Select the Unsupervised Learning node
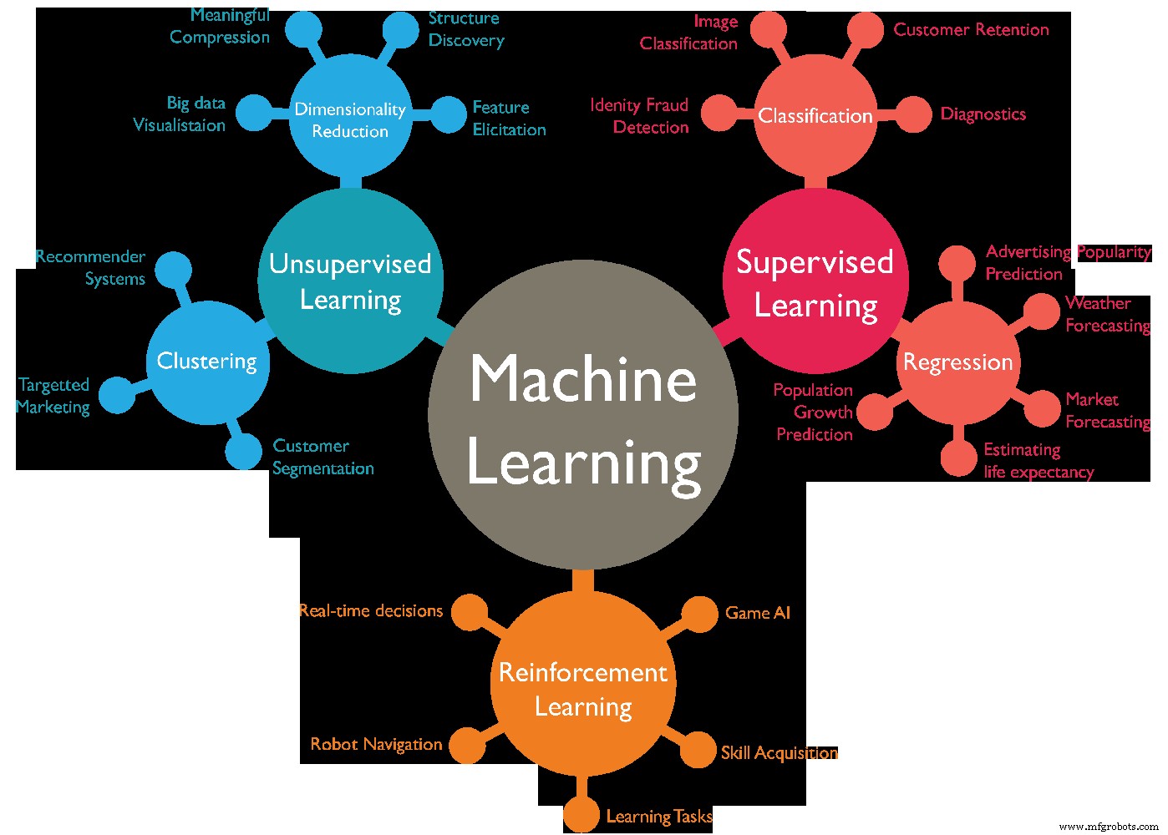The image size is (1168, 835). pos(350,281)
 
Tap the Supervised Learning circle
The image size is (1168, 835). pos(815,281)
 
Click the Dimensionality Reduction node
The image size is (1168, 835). pos(350,119)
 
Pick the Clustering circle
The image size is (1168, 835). pos(207,362)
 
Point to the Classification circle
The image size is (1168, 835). pos(815,115)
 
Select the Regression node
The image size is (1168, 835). pos(957,362)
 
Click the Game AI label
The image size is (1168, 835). pos(757,613)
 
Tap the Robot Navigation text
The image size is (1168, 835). pos(376,744)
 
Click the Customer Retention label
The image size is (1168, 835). pos(971,30)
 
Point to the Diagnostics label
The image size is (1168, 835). pos(983,114)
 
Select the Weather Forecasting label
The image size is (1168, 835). pos(1107,315)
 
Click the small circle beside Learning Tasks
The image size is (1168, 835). pos(581,816)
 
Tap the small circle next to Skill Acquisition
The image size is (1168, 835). pos(698,750)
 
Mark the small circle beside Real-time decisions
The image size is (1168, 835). pos(470,613)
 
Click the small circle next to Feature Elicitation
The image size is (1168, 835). pos(449,115)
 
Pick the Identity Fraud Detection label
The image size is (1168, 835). pos(640,116)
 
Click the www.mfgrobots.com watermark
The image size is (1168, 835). pos(1109,826)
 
